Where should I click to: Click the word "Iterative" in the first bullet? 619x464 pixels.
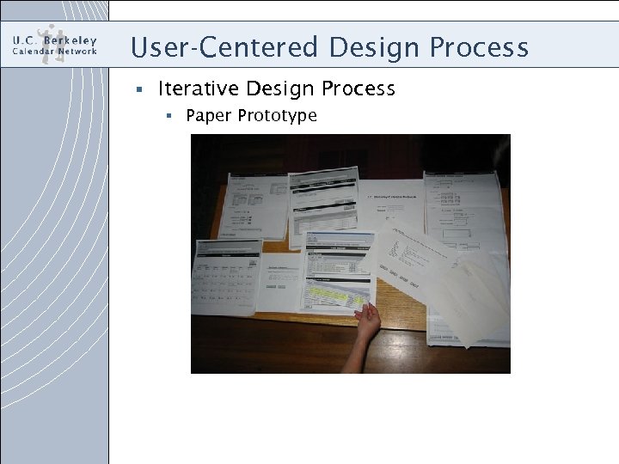(198, 89)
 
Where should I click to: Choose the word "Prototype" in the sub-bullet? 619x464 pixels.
(277, 115)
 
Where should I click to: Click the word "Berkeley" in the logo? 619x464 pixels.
(69, 40)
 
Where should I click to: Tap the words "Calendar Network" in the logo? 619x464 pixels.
(54, 52)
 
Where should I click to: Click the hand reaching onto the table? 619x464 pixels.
(367, 321)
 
